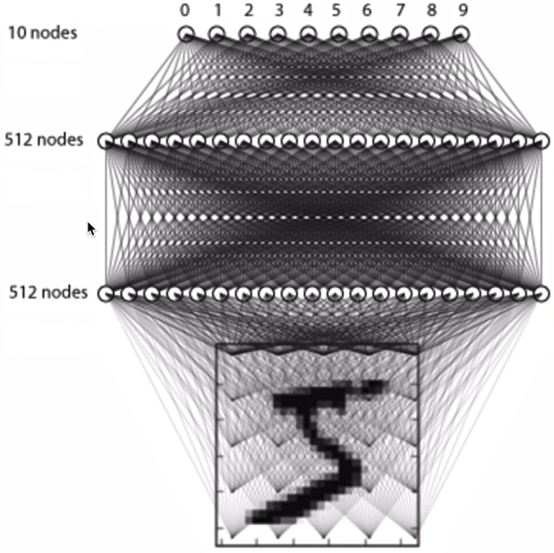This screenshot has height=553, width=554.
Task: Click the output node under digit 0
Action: coord(186,34)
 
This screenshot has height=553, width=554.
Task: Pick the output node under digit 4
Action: coord(308,34)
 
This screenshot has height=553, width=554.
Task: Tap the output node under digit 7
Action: coord(399,34)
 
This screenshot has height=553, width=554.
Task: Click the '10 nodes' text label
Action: coord(43,33)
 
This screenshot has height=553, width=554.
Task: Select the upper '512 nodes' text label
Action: coord(44,140)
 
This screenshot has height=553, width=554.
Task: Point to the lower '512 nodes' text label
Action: coord(48,293)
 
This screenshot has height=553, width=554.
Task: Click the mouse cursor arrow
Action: coord(91,228)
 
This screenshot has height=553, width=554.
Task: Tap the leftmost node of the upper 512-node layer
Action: coord(106,140)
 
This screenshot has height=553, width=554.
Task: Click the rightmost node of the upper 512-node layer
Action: coord(540,140)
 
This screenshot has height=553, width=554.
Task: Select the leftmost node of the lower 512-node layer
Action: coord(106,294)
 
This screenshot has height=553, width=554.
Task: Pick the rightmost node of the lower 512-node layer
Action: coord(540,294)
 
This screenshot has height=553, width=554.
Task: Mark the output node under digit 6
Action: coord(368,34)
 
